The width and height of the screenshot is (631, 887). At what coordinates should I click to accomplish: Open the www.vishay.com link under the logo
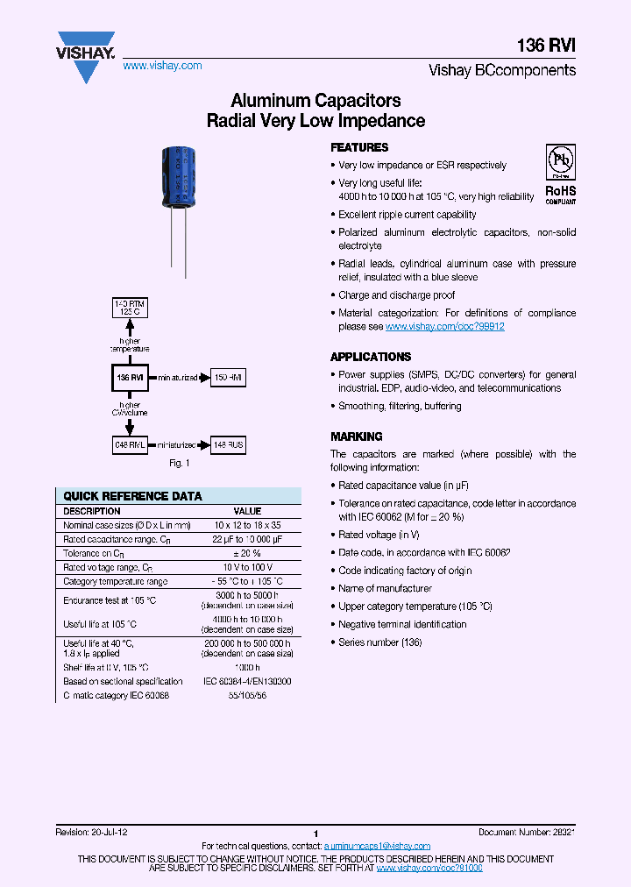(x=162, y=66)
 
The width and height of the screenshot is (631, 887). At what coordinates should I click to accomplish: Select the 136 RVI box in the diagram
(x=131, y=377)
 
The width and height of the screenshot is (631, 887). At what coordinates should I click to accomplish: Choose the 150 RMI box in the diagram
(x=229, y=377)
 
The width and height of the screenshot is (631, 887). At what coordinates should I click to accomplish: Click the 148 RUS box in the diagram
(x=229, y=445)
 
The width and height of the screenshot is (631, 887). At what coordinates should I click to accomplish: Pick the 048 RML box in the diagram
(x=131, y=445)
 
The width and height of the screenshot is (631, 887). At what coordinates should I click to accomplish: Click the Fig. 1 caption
(x=180, y=463)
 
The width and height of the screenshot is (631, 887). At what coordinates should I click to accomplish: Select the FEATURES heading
(x=359, y=147)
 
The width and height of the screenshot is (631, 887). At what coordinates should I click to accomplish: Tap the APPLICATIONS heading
(x=371, y=357)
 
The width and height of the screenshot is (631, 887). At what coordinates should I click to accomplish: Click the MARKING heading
(x=356, y=436)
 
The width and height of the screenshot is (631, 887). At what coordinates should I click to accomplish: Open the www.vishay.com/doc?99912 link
(x=444, y=326)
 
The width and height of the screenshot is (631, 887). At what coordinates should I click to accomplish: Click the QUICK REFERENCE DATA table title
(x=133, y=496)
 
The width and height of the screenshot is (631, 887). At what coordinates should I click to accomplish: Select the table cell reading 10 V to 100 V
(x=247, y=567)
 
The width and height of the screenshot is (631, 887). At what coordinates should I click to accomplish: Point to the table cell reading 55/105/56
(x=247, y=695)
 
